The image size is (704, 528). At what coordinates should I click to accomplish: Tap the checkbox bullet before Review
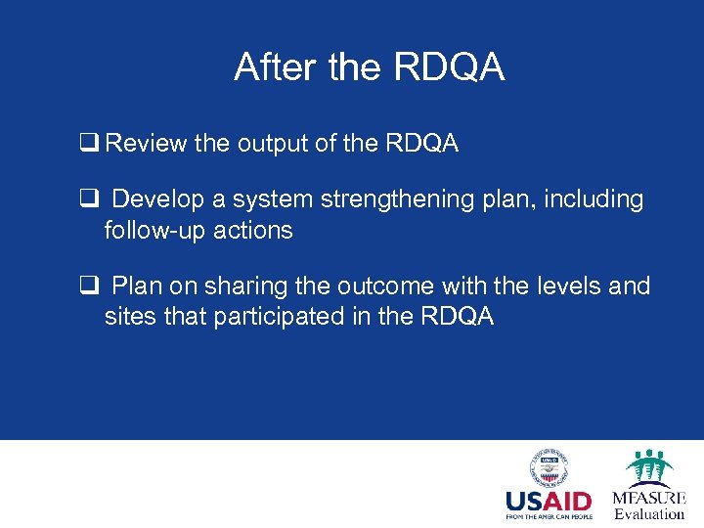coord(87,145)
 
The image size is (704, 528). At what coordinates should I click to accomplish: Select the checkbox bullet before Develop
coord(87,200)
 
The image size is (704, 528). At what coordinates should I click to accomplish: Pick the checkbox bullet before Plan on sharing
coord(87,286)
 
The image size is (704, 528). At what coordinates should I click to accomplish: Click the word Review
coord(147,145)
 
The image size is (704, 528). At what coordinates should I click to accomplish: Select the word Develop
coord(159,200)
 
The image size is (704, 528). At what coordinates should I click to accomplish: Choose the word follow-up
coord(149,231)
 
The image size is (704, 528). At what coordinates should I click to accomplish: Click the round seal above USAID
coord(549,469)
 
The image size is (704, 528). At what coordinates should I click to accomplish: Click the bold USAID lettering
coord(549,502)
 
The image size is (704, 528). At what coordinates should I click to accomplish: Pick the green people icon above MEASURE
coord(648,467)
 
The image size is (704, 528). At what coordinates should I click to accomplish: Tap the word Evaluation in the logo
coord(648,514)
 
